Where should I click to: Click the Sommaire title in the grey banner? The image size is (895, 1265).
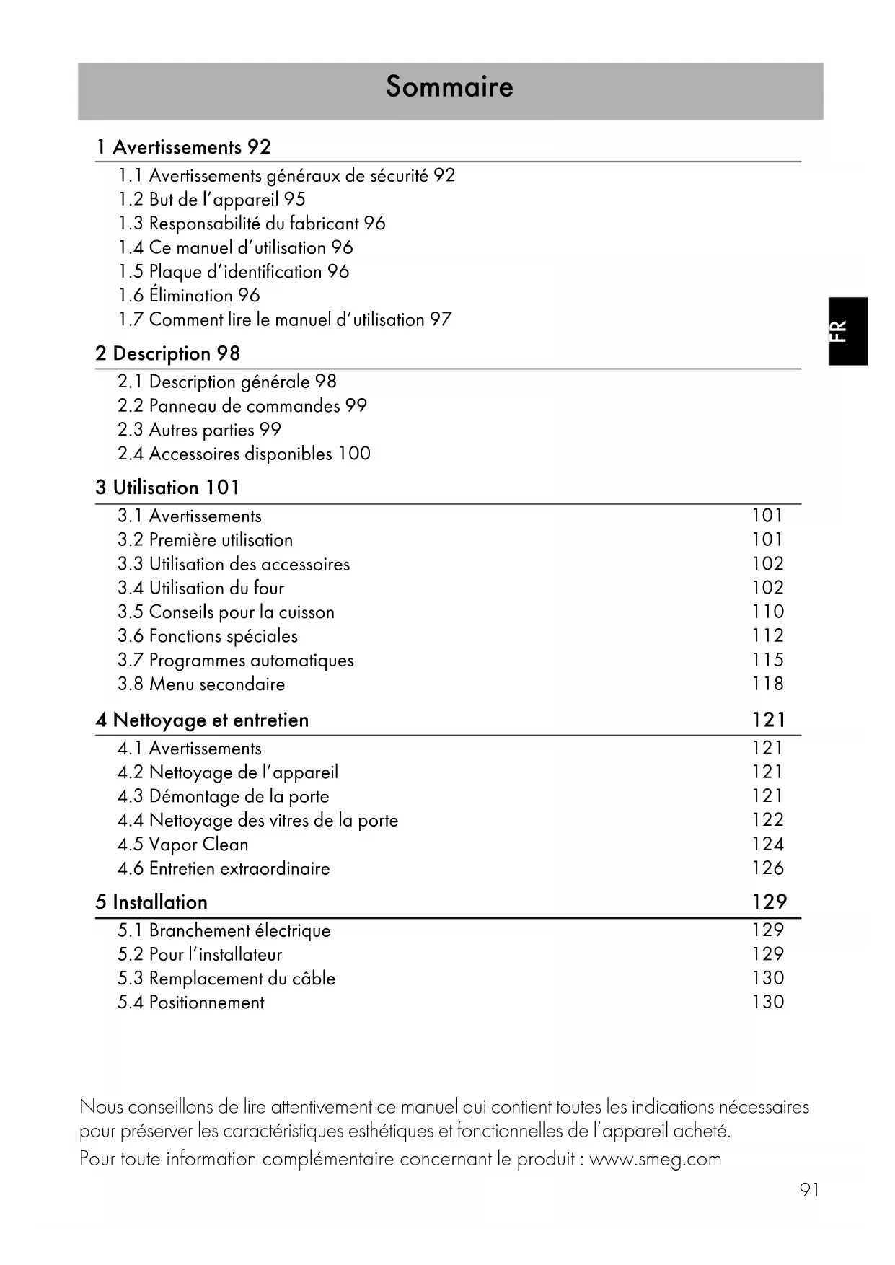coord(449,87)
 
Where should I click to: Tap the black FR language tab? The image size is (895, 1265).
coord(847,331)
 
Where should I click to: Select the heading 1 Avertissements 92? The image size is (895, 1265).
coord(183,147)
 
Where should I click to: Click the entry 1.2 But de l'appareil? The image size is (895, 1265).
coord(212,200)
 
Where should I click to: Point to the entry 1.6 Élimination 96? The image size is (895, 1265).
coord(189,296)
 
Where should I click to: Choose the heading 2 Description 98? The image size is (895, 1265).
coord(167,354)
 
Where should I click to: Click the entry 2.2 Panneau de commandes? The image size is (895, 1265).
coord(242,406)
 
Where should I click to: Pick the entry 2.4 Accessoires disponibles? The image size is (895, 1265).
coord(244,454)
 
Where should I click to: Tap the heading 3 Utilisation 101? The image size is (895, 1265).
coord(167,488)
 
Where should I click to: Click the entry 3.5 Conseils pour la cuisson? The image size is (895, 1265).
coord(226,612)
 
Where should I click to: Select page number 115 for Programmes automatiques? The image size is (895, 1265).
coord(767,660)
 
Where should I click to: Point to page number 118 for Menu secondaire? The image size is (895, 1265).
coord(767,684)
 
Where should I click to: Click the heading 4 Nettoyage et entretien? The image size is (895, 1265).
coord(202,720)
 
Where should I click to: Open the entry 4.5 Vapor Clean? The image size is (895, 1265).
coord(183,845)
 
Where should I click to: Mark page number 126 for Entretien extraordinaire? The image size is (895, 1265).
coord(767,868)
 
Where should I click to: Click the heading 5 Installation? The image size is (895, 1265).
coord(151,902)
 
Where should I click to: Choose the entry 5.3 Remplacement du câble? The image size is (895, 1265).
coord(226,979)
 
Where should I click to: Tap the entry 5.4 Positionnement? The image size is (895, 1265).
coord(191,1002)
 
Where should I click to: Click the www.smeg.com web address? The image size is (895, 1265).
coord(655,1159)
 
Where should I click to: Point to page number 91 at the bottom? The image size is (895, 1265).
coord(809,1190)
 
